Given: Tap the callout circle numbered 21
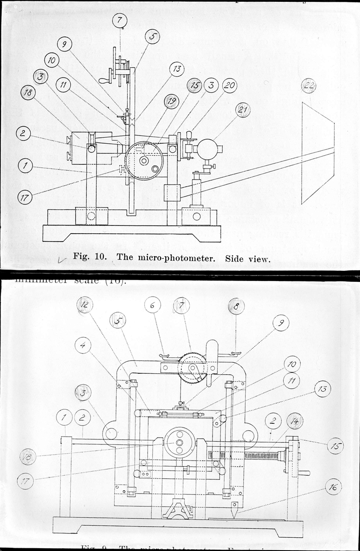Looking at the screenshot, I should click(243, 110).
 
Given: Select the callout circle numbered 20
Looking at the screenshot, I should click(229, 85).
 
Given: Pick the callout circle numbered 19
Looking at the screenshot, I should click(171, 101).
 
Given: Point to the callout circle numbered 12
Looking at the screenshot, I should click(85, 305).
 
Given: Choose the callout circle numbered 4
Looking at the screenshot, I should click(83, 345).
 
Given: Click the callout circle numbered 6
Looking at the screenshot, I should click(152, 305).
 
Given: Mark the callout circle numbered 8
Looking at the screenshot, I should click(236, 307).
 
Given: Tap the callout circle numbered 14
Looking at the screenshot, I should click(294, 421).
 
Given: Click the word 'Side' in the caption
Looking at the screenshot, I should click(234, 258).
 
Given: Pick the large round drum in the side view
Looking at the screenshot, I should click(144, 161).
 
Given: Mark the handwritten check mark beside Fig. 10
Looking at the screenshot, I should click(56, 259).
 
